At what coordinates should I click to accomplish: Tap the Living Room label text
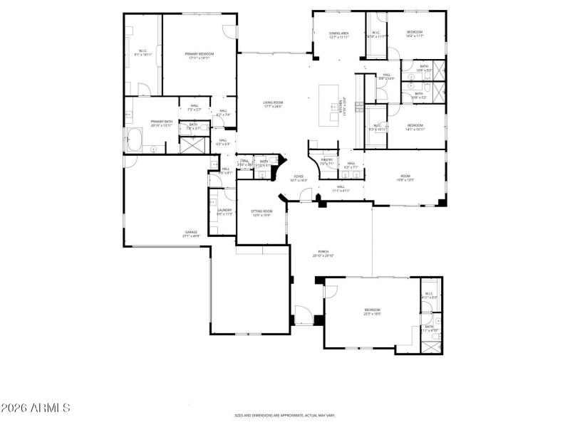pyautogui.click(x=272, y=104)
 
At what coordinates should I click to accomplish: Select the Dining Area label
pyautogui.click(x=338, y=33)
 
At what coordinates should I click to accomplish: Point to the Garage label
pyautogui.click(x=191, y=233)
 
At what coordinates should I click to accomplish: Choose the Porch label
pyautogui.click(x=323, y=252)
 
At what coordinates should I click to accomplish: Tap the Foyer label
pyautogui.click(x=298, y=177)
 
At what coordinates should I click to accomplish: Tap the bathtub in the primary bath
pyautogui.click(x=135, y=139)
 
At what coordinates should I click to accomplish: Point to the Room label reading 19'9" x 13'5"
pyautogui.click(x=405, y=178)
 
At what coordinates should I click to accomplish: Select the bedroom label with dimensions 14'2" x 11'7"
pyautogui.click(x=415, y=34)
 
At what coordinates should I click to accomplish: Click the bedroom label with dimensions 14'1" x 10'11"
pyautogui.click(x=415, y=127)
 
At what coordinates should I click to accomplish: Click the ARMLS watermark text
pyautogui.click(x=35, y=408)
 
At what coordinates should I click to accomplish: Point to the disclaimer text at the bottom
pyautogui.click(x=285, y=415)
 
